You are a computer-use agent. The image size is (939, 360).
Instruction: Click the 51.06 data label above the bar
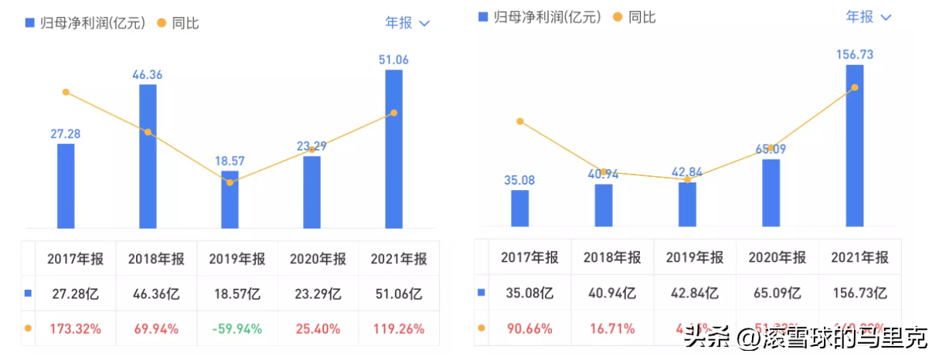(394, 60)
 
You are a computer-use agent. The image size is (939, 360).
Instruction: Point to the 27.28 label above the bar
(66, 134)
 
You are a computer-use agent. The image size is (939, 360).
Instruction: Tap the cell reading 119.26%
(399, 328)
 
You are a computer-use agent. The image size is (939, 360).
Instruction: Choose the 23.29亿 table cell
(318, 294)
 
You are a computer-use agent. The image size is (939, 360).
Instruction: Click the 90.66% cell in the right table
(529, 328)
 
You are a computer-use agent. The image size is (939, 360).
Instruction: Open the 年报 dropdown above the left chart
(407, 22)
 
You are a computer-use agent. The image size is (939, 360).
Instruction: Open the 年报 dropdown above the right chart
(868, 16)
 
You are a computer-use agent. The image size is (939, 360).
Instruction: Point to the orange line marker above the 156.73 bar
(854, 87)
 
